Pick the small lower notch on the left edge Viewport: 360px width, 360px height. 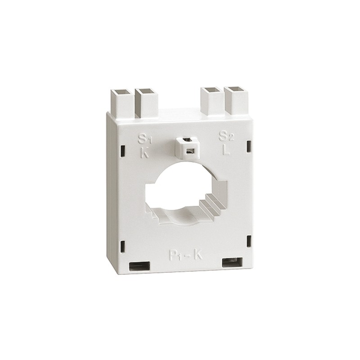[123, 246]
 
